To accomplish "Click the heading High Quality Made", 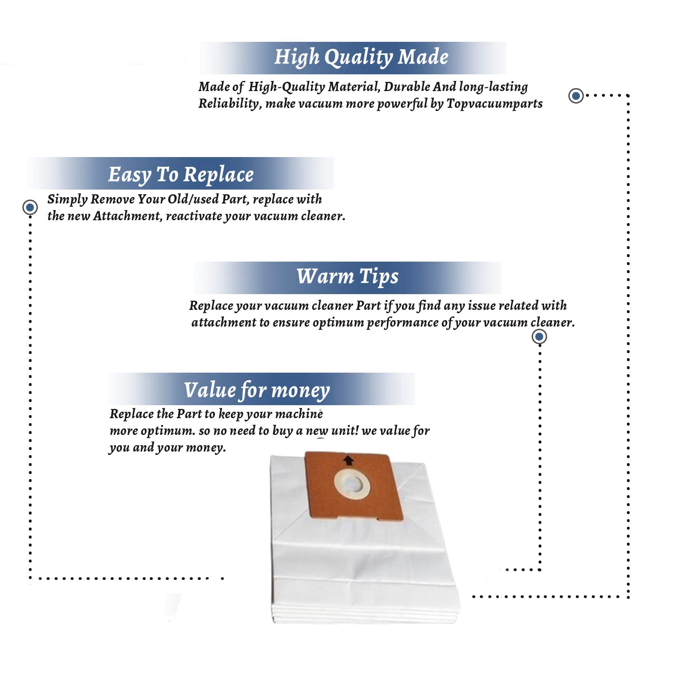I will (x=361, y=57).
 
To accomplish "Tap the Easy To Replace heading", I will (x=181, y=175).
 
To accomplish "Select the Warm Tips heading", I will (x=348, y=276).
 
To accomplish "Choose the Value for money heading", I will (x=256, y=390).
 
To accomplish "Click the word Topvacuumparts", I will (x=494, y=103).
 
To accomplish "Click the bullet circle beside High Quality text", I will (x=576, y=96).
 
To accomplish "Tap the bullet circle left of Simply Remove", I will (x=30, y=207).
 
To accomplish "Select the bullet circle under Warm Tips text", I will (x=539, y=336).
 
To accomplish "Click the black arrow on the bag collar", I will (x=348, y=460).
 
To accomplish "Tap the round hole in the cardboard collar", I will (x=352, y=485).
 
